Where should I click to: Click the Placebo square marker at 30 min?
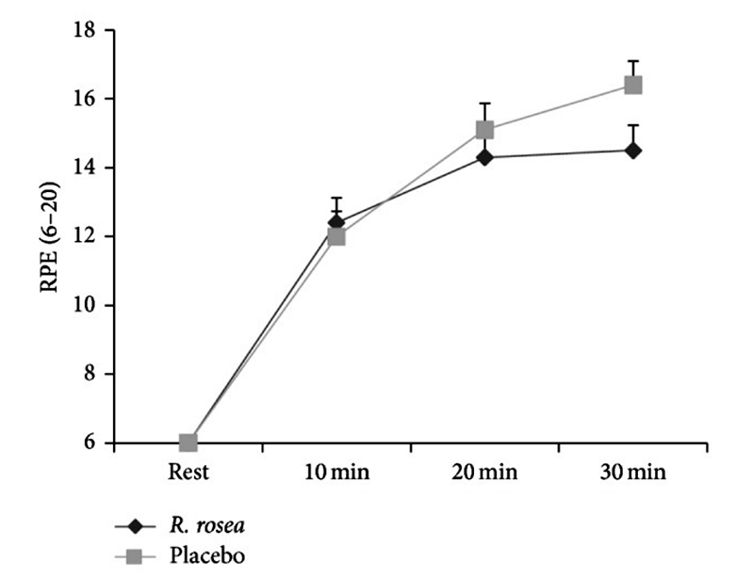pyautogui.click(x=633, y=85)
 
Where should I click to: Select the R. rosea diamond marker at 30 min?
pyautogui.click(x=633, y=150)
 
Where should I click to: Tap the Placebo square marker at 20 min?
pyautogui.click(x=485, y=129)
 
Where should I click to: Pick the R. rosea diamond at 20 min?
pyautogui.click(x=485, y=157)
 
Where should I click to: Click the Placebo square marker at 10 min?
pyautogui.click(x=336, y=236)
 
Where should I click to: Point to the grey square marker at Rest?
pyautogui.click(x=188, y=442)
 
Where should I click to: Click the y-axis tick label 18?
pyautogui.click(x=86, y=30)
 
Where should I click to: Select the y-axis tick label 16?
pyautogui.click(x=86, y=99)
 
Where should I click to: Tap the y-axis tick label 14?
pyautogui.click(x=86, y=168)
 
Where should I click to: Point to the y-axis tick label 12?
pyautogui.click(x=86, y=236)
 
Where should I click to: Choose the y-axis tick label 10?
pyautogui.click(x=86, y=305)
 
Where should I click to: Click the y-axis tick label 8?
pyautogui.click(x=90, y=374)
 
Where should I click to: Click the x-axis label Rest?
pyautogui.click(x=188, y=472)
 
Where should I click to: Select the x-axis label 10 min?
pyautogui.click(x=336, y=472)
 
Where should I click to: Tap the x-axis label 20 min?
pyautogui.click(x=485, y=472)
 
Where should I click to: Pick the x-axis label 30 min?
pyautogui.click(x=633, y=472)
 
